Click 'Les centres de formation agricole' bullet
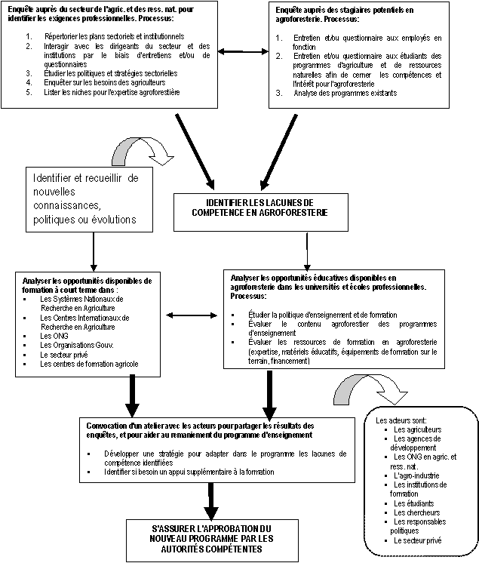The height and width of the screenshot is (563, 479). [90, 364]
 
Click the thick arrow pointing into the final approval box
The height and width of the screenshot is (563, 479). [211, 500]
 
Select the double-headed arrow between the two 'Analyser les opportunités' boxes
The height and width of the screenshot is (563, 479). [192, 315]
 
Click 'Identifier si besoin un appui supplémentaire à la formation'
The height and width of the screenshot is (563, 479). [200, 472]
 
